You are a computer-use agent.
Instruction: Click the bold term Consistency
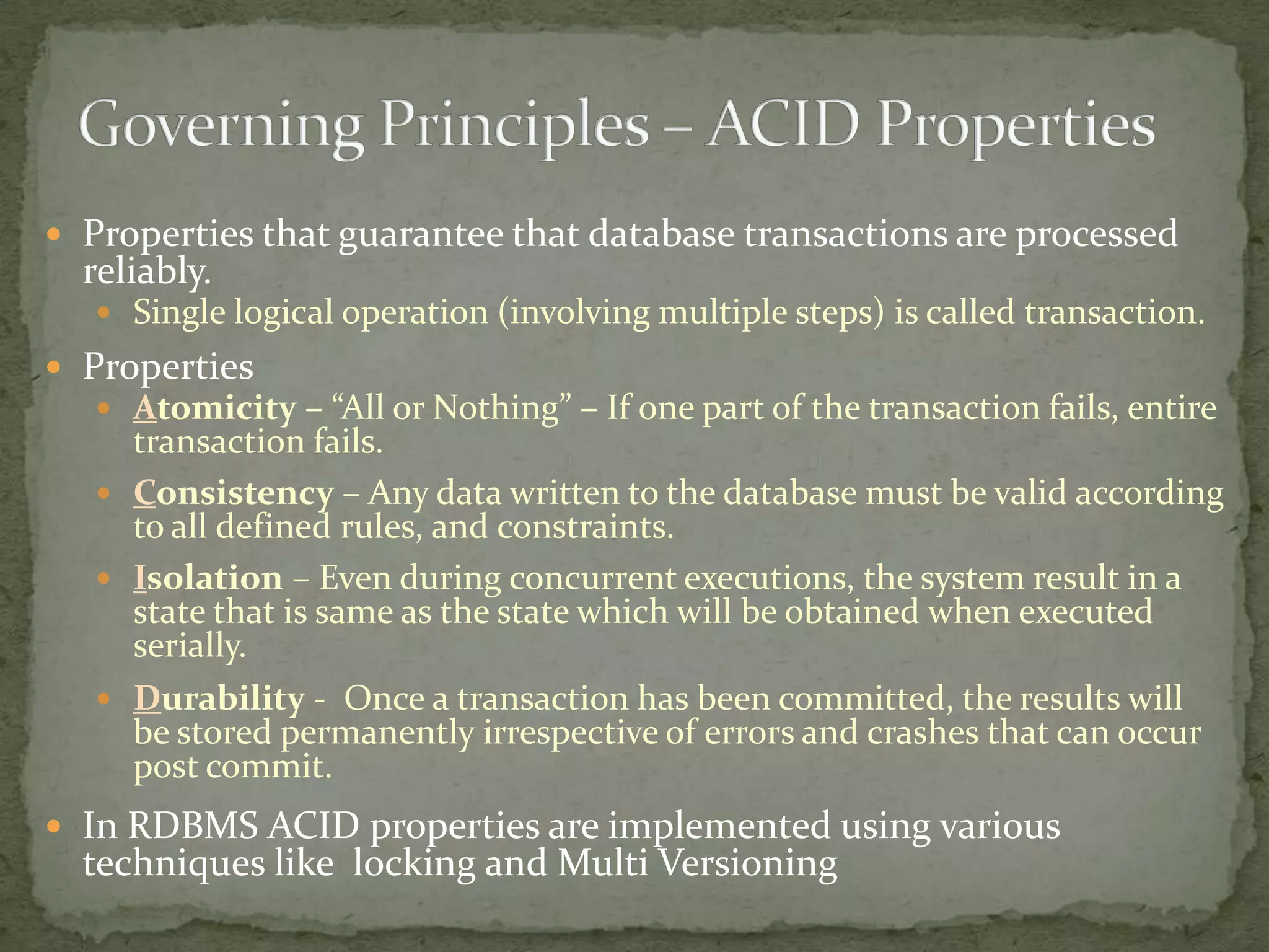234,493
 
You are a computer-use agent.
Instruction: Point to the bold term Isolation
208,578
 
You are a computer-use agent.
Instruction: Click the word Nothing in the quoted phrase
496,408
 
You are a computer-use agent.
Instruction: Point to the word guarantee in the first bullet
421,234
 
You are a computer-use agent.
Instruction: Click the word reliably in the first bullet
147,271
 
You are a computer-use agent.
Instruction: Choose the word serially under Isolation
190,646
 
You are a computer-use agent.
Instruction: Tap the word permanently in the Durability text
377,733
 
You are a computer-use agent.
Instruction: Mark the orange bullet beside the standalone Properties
55,367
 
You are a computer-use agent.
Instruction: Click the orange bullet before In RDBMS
55,827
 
